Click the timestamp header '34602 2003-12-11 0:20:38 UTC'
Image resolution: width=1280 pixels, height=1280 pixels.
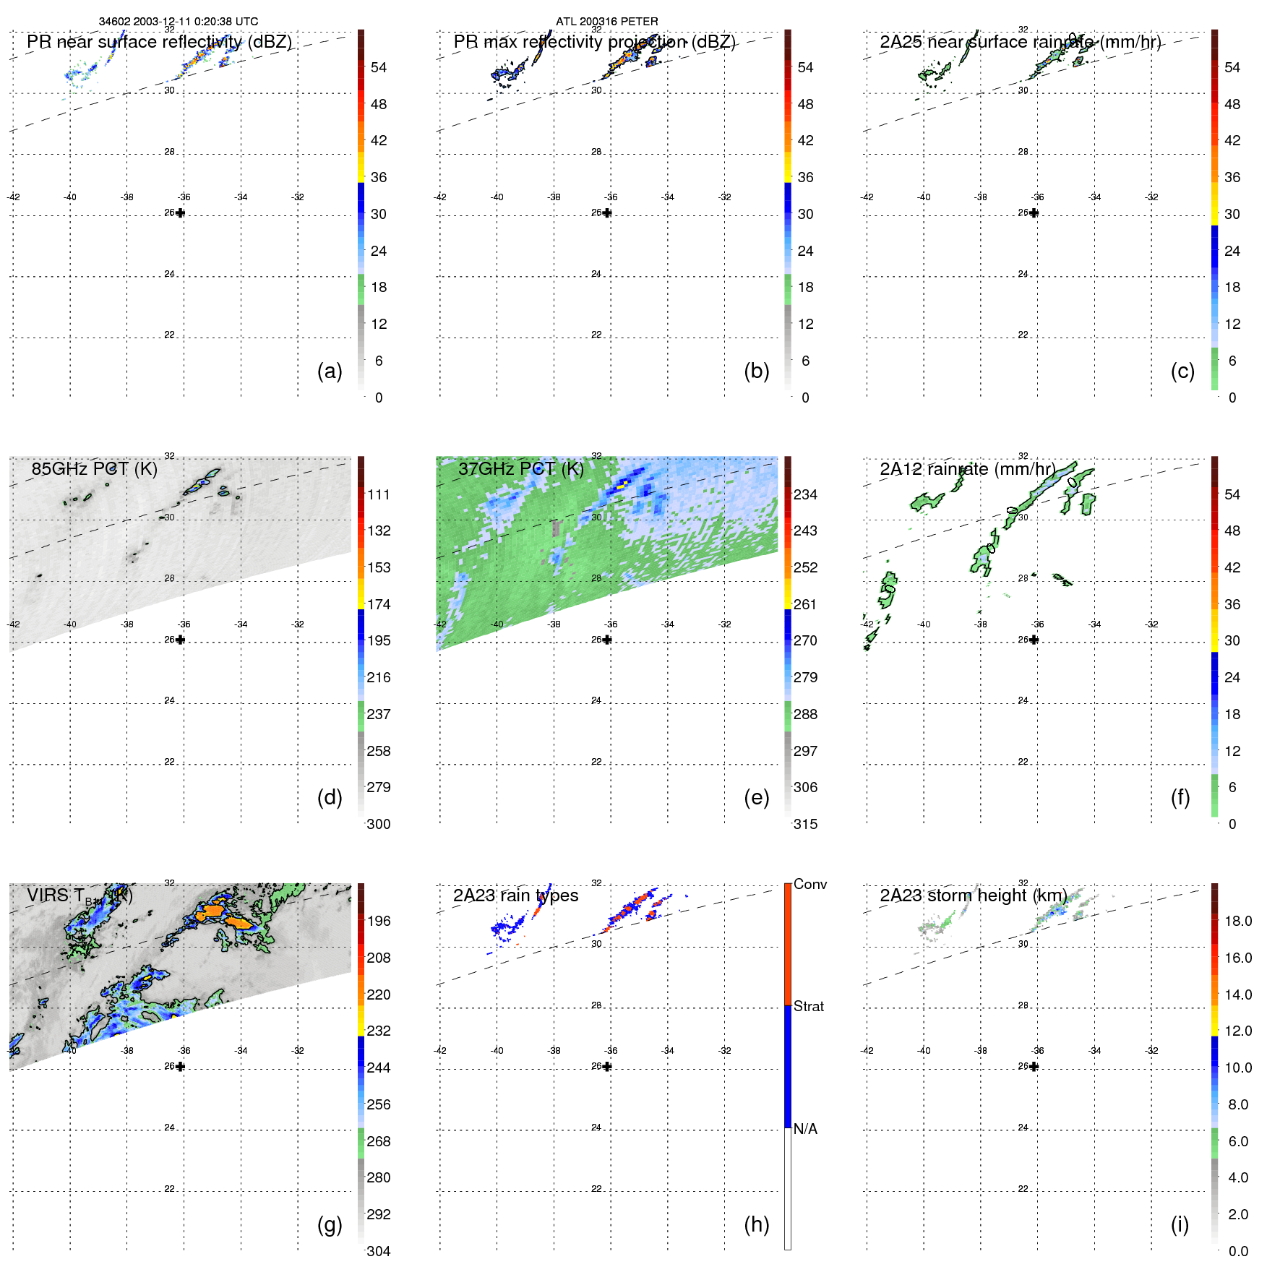(178, 22)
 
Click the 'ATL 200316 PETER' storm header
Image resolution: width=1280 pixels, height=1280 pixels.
(606, 22)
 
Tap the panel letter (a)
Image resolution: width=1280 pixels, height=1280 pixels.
(330, 371)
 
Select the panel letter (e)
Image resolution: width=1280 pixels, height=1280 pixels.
(756, 797)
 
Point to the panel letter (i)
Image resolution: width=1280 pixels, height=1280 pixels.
(1180, 1224)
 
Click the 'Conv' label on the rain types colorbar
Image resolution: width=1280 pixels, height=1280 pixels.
(809, 884)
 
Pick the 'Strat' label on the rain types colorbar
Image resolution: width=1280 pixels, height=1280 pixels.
(808, 1006)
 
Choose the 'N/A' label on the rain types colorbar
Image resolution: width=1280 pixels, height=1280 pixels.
(805, 1129)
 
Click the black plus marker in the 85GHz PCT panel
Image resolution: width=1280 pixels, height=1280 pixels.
(180, 640)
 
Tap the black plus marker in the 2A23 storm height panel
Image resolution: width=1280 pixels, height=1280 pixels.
(1034, 1066)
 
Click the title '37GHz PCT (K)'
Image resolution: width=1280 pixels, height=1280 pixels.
(520, 469)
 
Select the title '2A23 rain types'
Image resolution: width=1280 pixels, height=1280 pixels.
(515, 895)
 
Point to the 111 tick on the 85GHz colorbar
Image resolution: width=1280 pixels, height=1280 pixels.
(379, 494)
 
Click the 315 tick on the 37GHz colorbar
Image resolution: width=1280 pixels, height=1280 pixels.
(805, 824)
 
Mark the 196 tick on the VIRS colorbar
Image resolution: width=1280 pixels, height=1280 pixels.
(379, 921)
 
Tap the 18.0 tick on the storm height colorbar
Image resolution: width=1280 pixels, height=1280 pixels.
(1237, 921)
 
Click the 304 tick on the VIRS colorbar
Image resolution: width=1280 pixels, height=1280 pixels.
(379, 1251)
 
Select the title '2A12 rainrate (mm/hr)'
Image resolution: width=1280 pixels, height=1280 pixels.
(967, 469)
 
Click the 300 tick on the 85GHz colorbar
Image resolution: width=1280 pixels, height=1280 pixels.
(379, 824)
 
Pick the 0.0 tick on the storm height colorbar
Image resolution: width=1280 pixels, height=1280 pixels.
(1237, 1251)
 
